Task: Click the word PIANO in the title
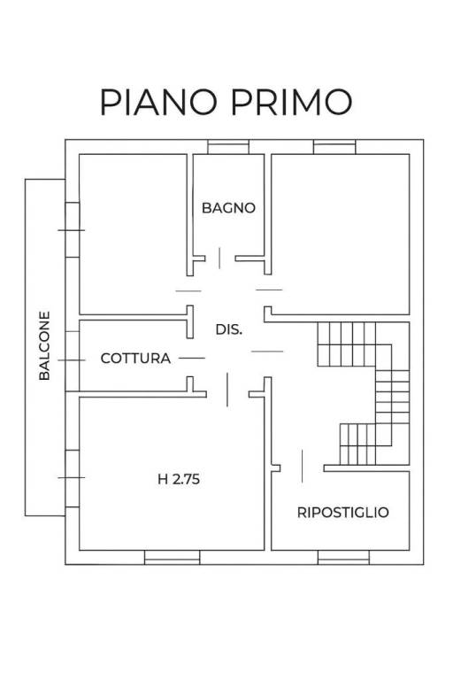tap(158, 102)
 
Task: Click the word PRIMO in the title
tap(291, 102)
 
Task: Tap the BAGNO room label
tap(228, 208)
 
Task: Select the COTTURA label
tap(135, 359)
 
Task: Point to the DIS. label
tap(229, 329)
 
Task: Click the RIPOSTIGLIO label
tap(343, 512)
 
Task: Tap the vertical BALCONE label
tap(44, 345)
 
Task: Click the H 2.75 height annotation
tap(179, 479)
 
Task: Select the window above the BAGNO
tap(228, 147)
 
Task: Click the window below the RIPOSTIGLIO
tap(343, 557)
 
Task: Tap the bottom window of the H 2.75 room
tap(173, 557)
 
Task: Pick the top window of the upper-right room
tap(334, 147)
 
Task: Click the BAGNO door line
tap(219, 258)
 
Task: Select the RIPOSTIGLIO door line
tap(302, 467)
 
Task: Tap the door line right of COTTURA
tap(192, 359)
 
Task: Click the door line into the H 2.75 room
tap(227, 390)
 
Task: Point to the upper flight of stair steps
tap(346, 344)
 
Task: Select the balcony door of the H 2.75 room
tap(72, 478)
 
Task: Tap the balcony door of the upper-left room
tap(72, 230)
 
